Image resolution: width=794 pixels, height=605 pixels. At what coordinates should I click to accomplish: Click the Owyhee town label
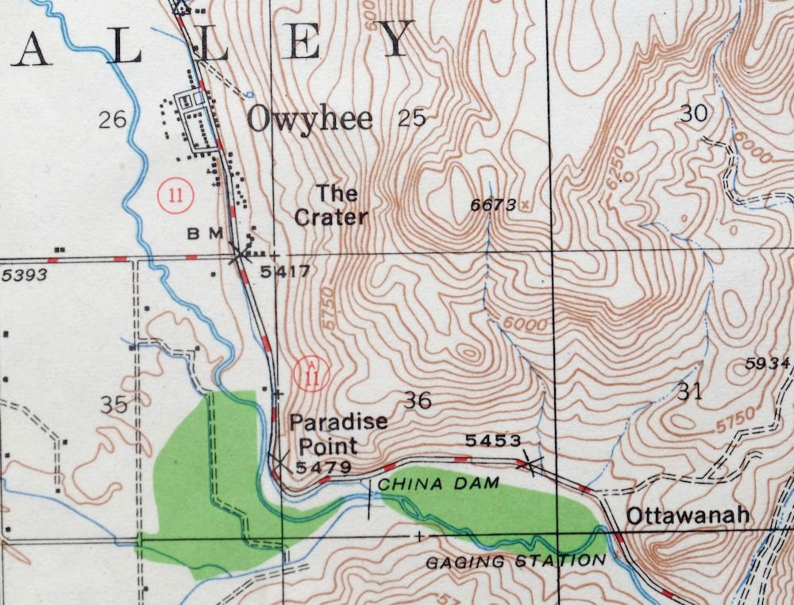click(310, 119)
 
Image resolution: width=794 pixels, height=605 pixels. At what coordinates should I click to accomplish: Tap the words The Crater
click(331, 205)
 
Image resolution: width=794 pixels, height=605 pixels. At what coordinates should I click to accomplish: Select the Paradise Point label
click(338, 433)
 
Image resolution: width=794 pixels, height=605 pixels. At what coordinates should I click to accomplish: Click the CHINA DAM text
click(438, 483)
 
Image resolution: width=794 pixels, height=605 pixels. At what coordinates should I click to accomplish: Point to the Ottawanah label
click(688, 515)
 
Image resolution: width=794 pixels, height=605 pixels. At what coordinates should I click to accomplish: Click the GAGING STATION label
click(515, 561)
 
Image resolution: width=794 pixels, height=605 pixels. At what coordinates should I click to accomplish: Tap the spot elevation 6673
click(493, 205)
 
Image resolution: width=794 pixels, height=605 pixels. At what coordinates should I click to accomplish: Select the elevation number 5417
click(285, 271)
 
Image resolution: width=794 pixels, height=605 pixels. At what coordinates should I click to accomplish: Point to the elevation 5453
click(493, 440)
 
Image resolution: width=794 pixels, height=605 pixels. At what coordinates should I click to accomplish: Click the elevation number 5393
click(24, 274)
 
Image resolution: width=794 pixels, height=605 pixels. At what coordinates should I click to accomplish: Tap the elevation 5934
click(767, 363)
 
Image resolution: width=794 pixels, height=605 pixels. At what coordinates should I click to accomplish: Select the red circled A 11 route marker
click(312, 373)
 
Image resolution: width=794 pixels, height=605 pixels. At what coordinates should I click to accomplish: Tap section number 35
click(114, 404)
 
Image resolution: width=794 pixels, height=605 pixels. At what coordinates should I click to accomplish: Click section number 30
click(694, 113)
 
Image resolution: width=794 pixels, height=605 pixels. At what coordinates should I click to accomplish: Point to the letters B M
click(205, 233)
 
